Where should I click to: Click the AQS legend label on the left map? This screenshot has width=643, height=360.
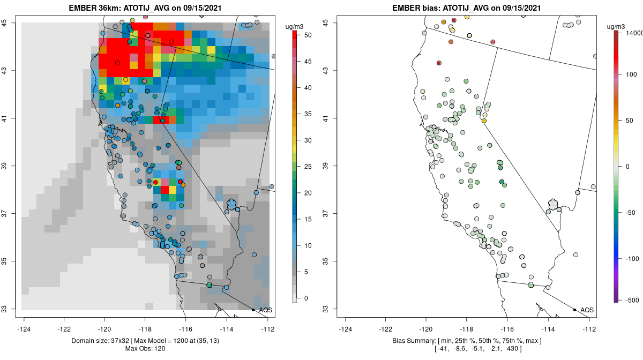point(266,310)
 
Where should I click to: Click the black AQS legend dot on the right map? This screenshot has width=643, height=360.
point(574,310)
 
